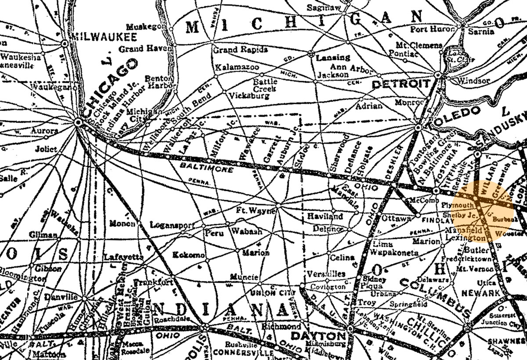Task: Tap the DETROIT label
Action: tap(400, 84)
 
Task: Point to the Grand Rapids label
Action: tap(240, 50)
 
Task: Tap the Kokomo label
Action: tap(188, 255)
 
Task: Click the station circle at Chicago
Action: tap(78, 122)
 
